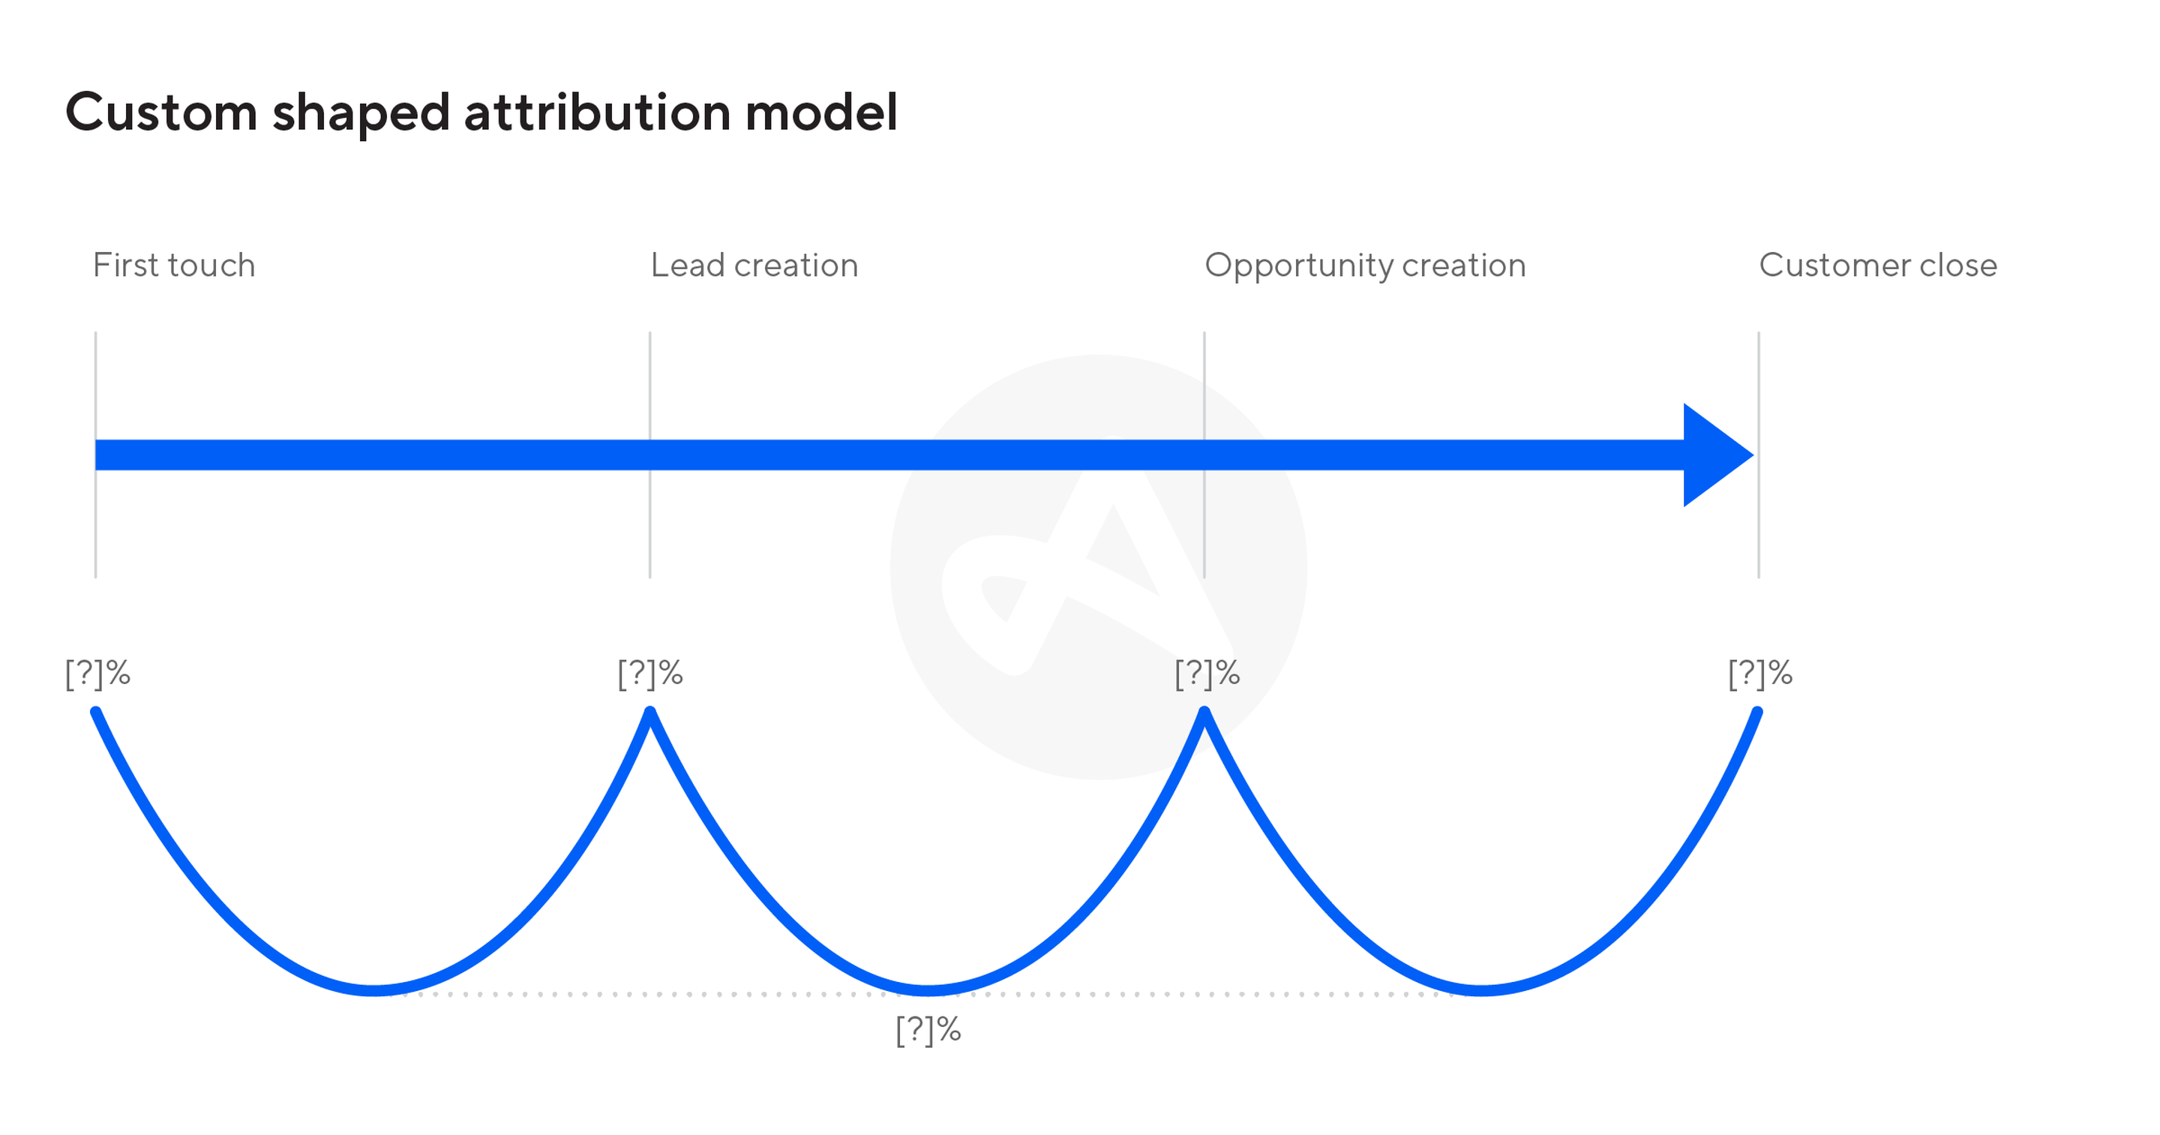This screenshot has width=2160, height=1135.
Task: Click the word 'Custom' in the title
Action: pos(161,113)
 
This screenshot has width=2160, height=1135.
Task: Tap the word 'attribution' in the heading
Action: pos(597,113)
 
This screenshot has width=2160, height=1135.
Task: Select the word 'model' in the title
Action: pos(822,113)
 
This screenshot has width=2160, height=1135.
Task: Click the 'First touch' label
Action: pos(173,265)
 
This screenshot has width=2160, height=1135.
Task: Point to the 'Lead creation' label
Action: pos(754,265)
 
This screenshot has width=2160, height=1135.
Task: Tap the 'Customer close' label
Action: pos(1878,265)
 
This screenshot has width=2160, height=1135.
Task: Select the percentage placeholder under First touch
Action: pos(98,674)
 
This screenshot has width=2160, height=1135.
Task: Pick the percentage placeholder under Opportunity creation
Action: pos(1207,674)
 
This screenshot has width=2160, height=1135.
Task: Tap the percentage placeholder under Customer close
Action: pos(1761,674)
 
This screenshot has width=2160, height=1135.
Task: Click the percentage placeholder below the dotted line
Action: pos(928,1030)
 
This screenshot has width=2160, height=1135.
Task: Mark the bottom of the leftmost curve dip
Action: pos(374,991)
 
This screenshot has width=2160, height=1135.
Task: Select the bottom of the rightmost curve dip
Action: pos(1482,991)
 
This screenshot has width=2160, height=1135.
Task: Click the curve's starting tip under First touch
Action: pos(95,712)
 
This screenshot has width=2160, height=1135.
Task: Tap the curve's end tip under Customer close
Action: pos(1757,712)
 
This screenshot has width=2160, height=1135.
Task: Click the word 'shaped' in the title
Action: pos(361,114)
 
